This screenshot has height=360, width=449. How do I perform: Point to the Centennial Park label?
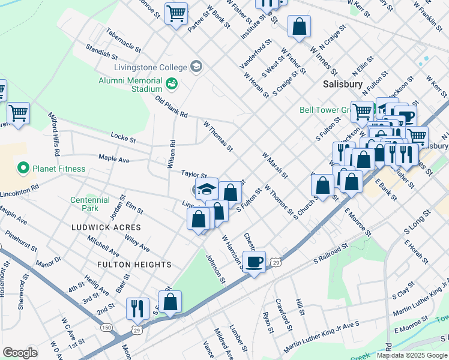[x=89, y=204]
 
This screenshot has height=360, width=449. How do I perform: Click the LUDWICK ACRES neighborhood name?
[x=106, y=227]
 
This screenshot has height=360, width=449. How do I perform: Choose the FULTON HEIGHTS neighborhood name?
[x=136, y=265]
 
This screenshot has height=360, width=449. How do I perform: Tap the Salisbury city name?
[x=343, y=85]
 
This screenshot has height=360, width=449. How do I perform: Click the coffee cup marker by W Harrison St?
[x=255, y=262]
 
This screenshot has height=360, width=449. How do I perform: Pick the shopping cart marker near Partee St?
[x=176, y=13]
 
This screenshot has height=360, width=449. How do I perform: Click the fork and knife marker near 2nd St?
[x=137, y=308]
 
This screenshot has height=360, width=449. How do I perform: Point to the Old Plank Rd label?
[x=172, y=107]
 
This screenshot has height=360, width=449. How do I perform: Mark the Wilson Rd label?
[x=173, y=153]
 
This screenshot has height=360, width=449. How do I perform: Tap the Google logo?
[x=20, y=353]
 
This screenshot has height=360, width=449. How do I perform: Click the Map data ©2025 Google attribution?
[x=412, y=355]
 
